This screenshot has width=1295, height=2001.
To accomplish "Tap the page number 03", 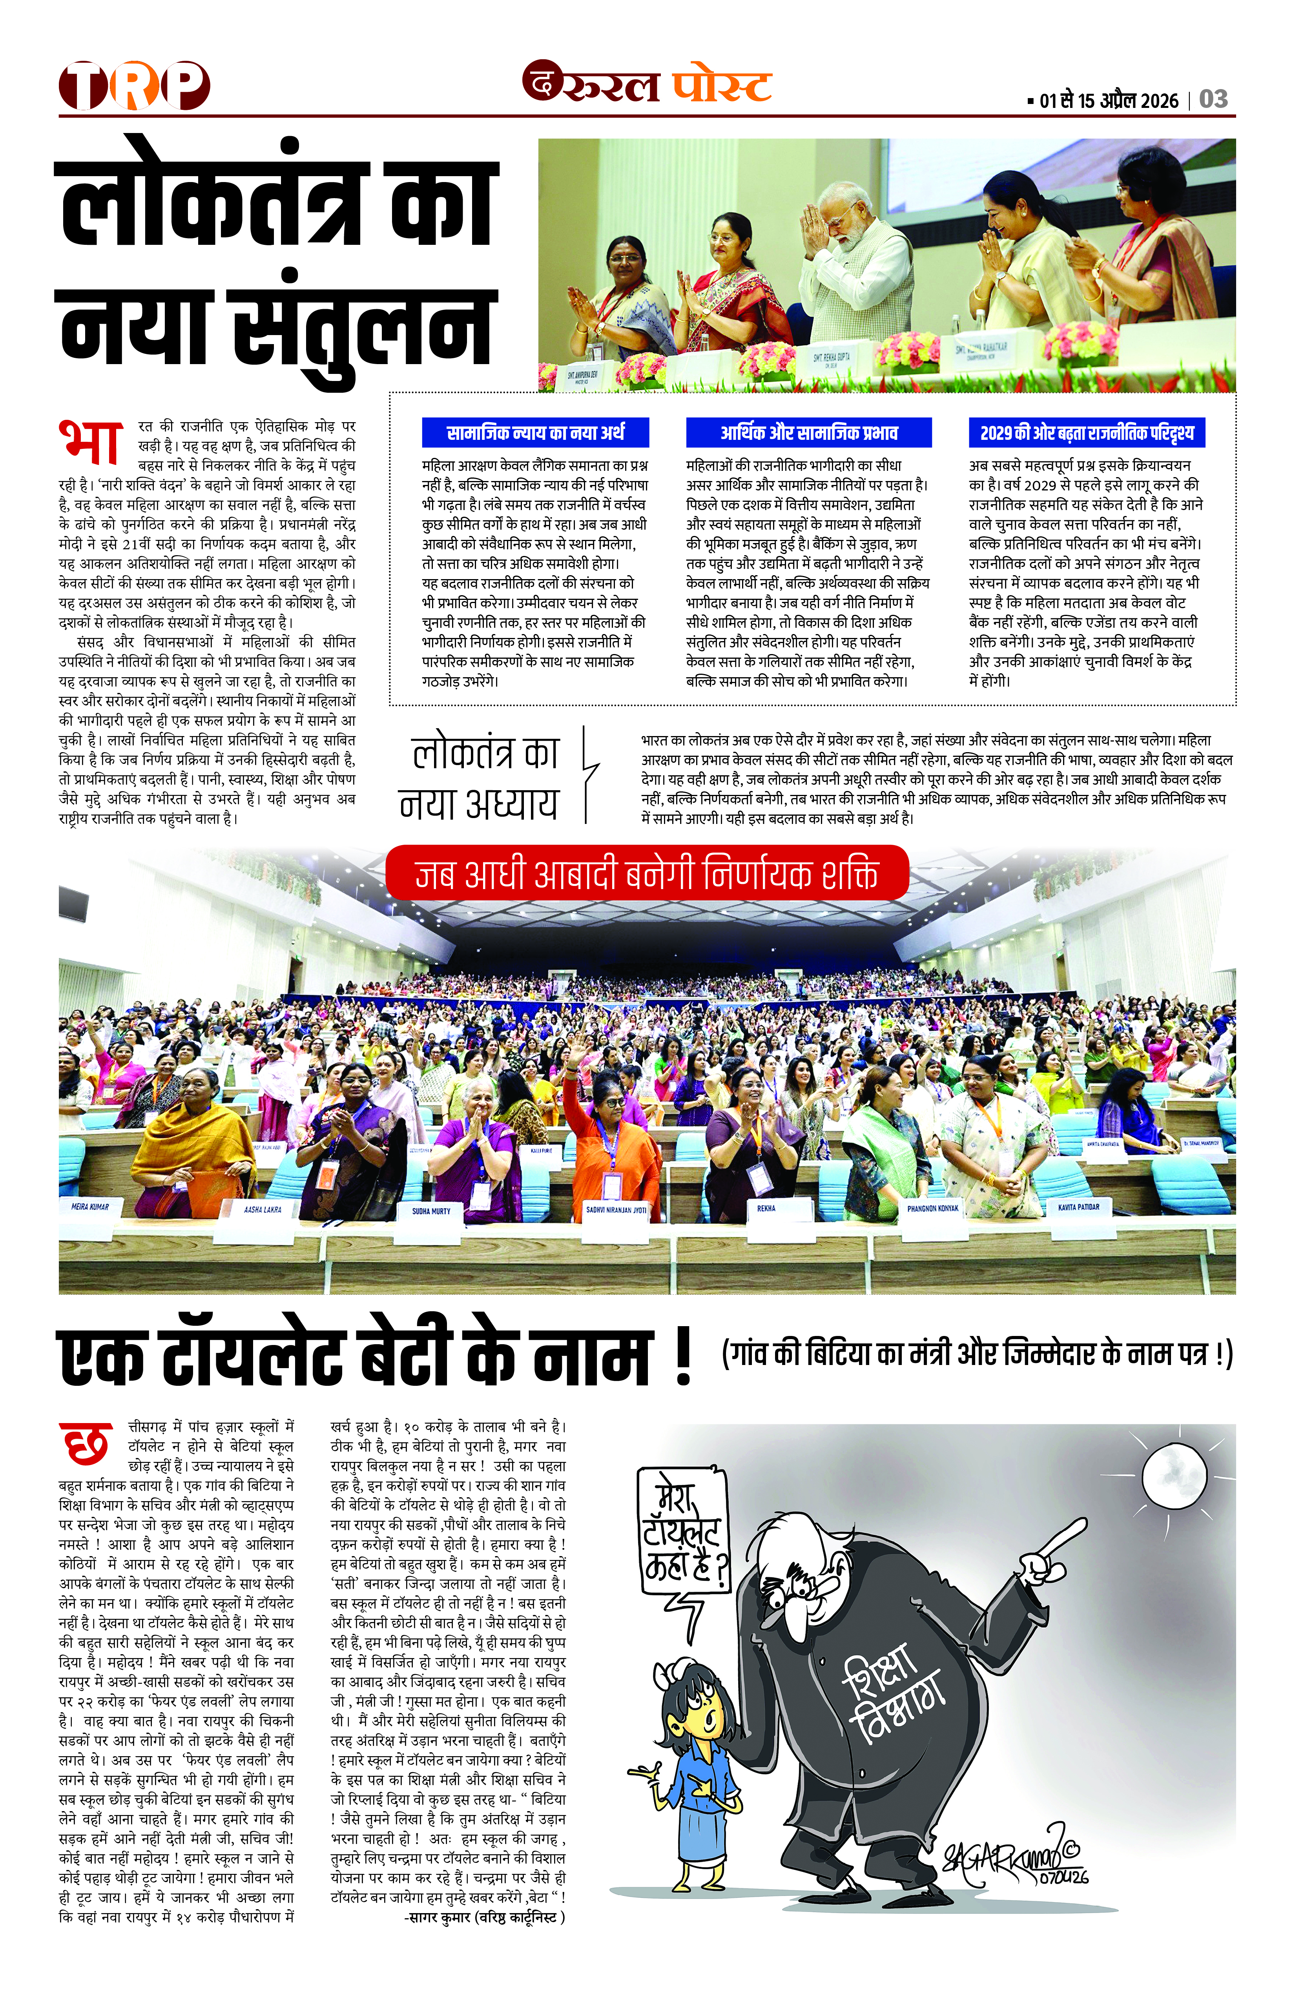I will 1213,99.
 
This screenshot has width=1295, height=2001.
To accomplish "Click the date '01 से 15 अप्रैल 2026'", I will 1108,101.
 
